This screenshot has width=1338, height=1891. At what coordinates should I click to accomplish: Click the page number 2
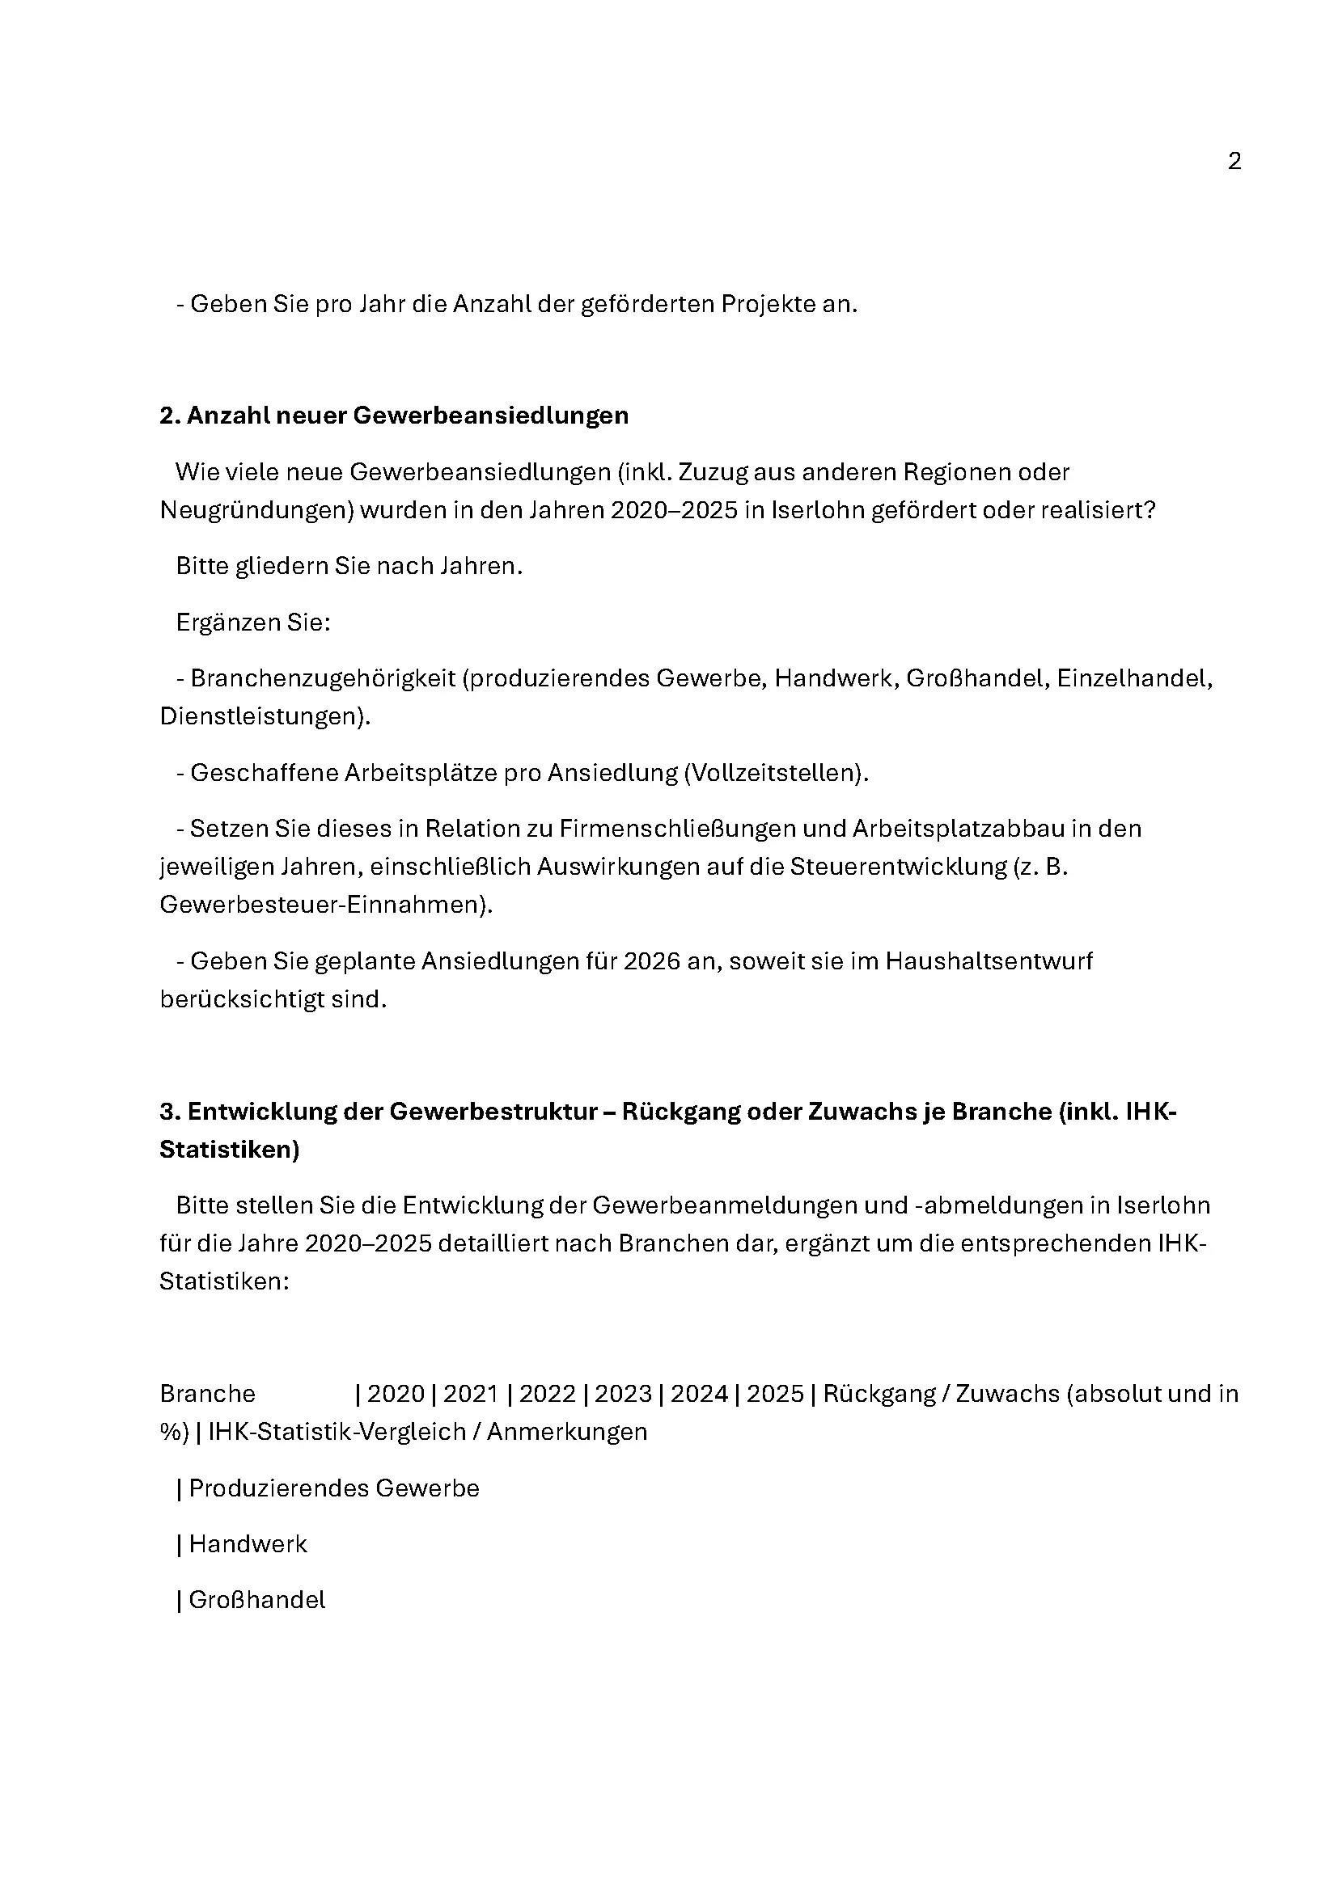click(x=1234, y=161)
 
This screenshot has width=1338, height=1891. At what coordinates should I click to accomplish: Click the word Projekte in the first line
click(x=768, y=304)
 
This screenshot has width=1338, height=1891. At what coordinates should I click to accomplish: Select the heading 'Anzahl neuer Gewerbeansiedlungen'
click(x=394, y=415)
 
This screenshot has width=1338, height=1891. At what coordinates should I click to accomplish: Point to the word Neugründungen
click(x=256, y=510)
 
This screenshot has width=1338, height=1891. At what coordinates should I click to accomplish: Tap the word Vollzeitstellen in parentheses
click(x=776, y=773)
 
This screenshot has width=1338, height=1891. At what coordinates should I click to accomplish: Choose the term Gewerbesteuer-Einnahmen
click(x=324, y=905)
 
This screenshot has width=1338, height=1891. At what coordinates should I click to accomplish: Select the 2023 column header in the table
click(x=623, y=1394)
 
